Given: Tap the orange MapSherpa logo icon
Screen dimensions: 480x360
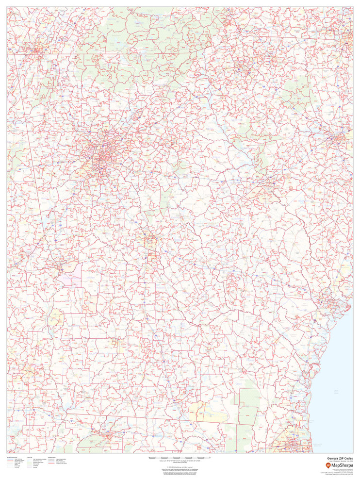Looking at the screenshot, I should click(328, 465).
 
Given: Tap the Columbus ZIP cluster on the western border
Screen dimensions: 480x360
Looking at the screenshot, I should click(61, 266).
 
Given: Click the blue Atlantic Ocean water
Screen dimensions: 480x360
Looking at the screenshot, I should click(340, 388).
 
